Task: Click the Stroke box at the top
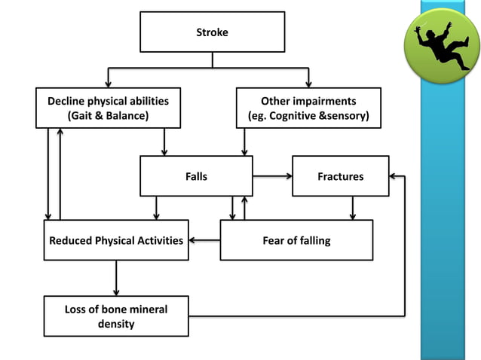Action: [x=212, y=32]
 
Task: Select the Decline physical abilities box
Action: [x=109, y=108]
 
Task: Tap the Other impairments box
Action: [x=308, y=108]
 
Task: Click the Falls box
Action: [x=196, y=176]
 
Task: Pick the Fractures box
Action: [x=340, y=176]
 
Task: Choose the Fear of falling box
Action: [x=296, y=240]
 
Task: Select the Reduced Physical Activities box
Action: [x=116, y=240]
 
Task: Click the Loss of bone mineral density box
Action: [x=116, y=316]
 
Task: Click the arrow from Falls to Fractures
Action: [x=271, y=176]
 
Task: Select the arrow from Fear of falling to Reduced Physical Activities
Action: [x=204, y=240]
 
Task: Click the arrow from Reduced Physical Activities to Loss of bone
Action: [x=116, y=278]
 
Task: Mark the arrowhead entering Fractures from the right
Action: [x=394, y=176]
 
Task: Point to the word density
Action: [x=116, y=324]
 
